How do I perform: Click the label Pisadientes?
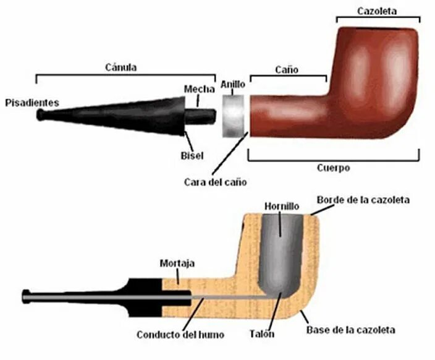point(31,103)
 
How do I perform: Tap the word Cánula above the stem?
point(121,67)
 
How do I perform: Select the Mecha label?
point(200,90)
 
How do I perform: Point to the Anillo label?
point(233,82)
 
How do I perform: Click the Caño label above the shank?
point(287,70)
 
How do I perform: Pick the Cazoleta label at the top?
point(378,11)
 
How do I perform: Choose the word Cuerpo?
point(334,168)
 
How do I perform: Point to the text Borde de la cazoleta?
point(363,200)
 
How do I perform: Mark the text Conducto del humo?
point(181,335)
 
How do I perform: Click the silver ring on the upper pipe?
point(233,116)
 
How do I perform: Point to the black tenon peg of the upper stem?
point(199,116)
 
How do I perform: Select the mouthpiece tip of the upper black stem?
point(41,115)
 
